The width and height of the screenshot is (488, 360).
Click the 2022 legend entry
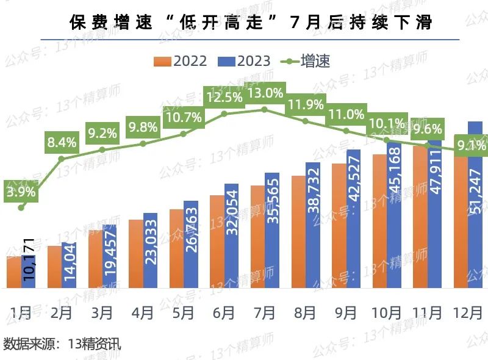[181, 61]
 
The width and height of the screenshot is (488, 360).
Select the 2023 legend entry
[244, 61]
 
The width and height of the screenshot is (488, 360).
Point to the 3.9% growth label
[21, 191]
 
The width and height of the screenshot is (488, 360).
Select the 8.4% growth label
[62, 143]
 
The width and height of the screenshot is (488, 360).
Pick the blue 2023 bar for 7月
[272, 231]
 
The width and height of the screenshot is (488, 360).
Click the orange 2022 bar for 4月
[135, 253]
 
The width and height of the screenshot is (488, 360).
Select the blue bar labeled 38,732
[313, 225]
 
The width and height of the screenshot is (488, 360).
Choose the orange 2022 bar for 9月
[339, 226]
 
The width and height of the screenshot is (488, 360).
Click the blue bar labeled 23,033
[150, 251]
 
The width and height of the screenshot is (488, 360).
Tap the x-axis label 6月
[224, 312]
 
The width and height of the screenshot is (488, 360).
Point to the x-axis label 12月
[468, 312]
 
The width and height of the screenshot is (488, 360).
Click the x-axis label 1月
[21, 312]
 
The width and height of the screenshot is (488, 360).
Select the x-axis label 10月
[387, 312]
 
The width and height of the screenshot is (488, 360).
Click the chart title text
[251, 22]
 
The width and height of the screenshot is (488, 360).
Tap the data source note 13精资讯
[62, 343]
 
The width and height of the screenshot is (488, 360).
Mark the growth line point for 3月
[102, 149]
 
